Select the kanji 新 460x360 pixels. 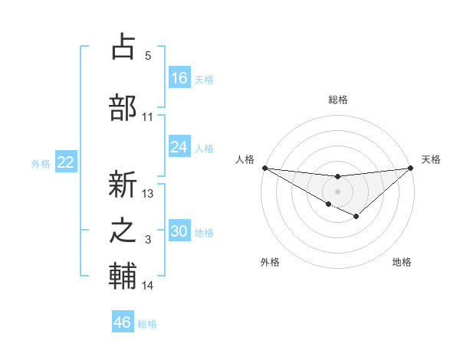pos(123,185)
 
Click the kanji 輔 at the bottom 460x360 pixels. pos(123,277)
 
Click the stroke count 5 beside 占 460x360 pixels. pos(147,56)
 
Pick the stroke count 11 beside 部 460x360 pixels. pos(147,117)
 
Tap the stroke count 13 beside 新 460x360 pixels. pos(148,194)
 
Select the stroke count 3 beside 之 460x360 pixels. pos(148,241)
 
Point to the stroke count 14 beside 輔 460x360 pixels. pos(148,286)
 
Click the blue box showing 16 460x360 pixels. pos(179,78)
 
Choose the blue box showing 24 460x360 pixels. pos(179,147)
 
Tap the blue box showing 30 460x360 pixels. pos(179,232)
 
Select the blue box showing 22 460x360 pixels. pos(65,162)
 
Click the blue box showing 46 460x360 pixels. pos(123,322)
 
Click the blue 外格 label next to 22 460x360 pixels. pos(41,163)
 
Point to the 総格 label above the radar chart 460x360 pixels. pos(337,100)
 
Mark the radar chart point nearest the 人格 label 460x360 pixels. pos(264,167)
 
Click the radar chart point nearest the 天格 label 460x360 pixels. pos(411,168)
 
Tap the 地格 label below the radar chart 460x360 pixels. pos(402,262)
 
